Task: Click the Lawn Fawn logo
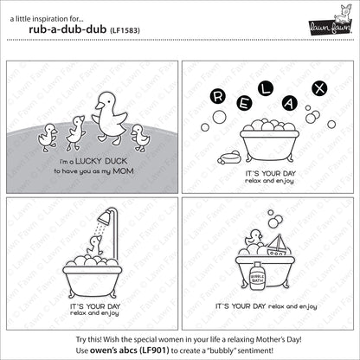(331, 21)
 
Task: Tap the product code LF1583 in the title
(125, 30)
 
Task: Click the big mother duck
(110, 118)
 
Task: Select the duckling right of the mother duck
(140, 138)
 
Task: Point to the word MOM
(123, 171)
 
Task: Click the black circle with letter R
(218, 96)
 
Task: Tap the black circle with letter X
(319, 88)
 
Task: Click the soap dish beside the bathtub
(229, 157)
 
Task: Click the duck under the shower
(95, 246)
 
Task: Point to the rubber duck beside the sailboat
(254, 238)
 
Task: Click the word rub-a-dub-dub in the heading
(67, 29)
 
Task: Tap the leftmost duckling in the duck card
(48, 138)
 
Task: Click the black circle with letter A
(289, 104)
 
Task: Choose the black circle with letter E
(244, 104)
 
